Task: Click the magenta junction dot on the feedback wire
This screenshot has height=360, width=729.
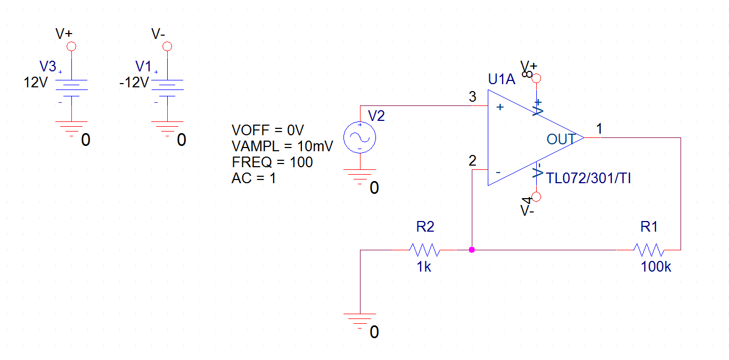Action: point(472,250)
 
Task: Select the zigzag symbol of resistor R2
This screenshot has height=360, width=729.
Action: point(425,250)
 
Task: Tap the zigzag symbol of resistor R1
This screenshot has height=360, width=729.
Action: point(649,250)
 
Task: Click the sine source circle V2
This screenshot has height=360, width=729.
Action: point(359,137)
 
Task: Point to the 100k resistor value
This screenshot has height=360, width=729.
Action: point(656,267)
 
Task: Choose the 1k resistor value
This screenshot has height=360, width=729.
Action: point(424,267)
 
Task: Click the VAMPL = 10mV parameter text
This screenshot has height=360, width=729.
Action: point(282,146)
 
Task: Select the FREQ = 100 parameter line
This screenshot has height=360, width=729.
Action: point(272,162)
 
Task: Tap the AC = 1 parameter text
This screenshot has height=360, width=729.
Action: point(253,178)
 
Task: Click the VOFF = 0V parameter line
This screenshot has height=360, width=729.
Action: point(267,130)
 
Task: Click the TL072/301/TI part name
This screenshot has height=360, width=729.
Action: point(588,178)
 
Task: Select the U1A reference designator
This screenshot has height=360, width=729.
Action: point(502,79)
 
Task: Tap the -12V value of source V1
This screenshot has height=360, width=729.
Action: point(134,83)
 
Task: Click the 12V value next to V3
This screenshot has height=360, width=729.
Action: point(36,83)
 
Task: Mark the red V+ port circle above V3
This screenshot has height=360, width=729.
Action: point(71,46)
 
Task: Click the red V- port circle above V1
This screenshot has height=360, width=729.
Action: point(167,46)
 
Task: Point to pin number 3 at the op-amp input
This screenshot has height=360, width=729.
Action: point(472,97)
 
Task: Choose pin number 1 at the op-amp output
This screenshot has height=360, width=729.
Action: point(599,128)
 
